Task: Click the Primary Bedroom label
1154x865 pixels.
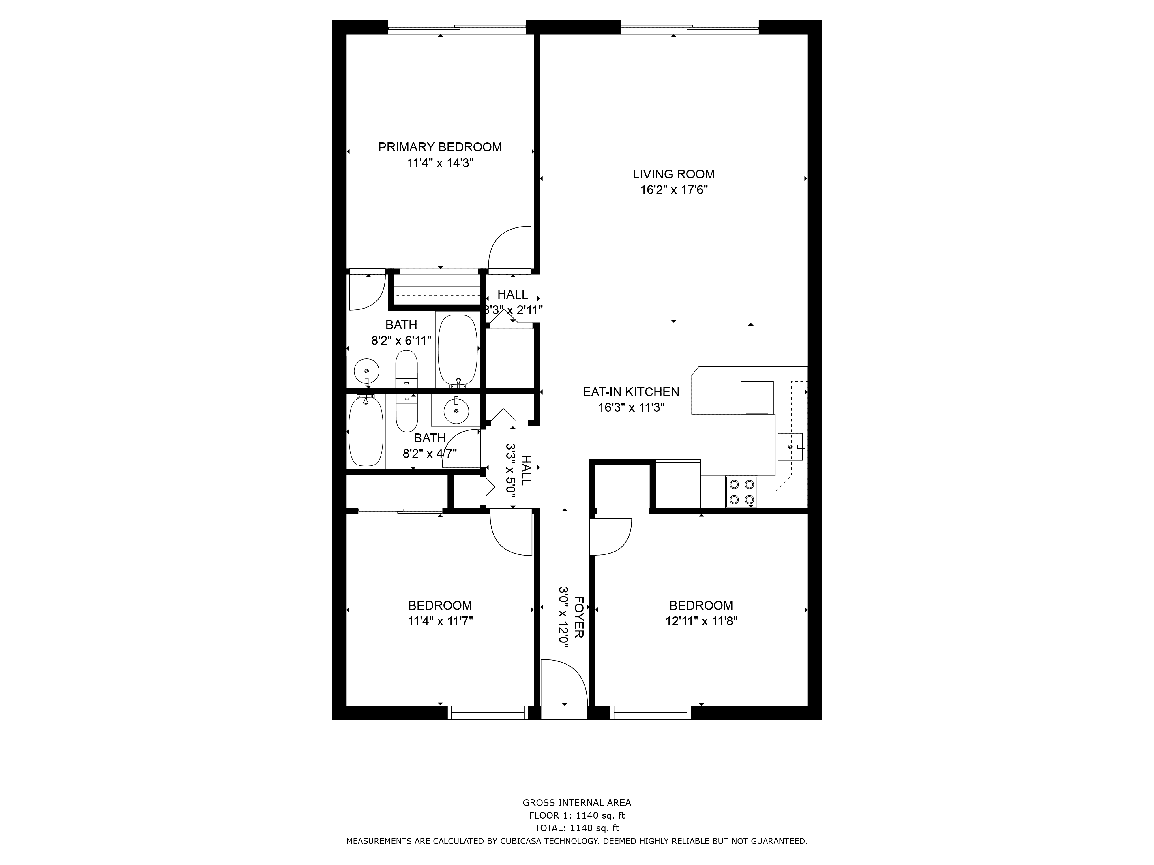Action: [x=440, y=147]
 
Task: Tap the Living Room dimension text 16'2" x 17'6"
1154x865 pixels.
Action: [x=674, y=190]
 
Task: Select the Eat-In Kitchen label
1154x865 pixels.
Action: [x=631, y=392]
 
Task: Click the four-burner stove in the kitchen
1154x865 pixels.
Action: [x=742, y=492]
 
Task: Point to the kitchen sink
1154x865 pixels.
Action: [x=790, y=447]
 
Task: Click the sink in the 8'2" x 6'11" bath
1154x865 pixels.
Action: [x=367, y=371]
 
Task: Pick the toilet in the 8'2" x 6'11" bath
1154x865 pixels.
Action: [x=406, y=368]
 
